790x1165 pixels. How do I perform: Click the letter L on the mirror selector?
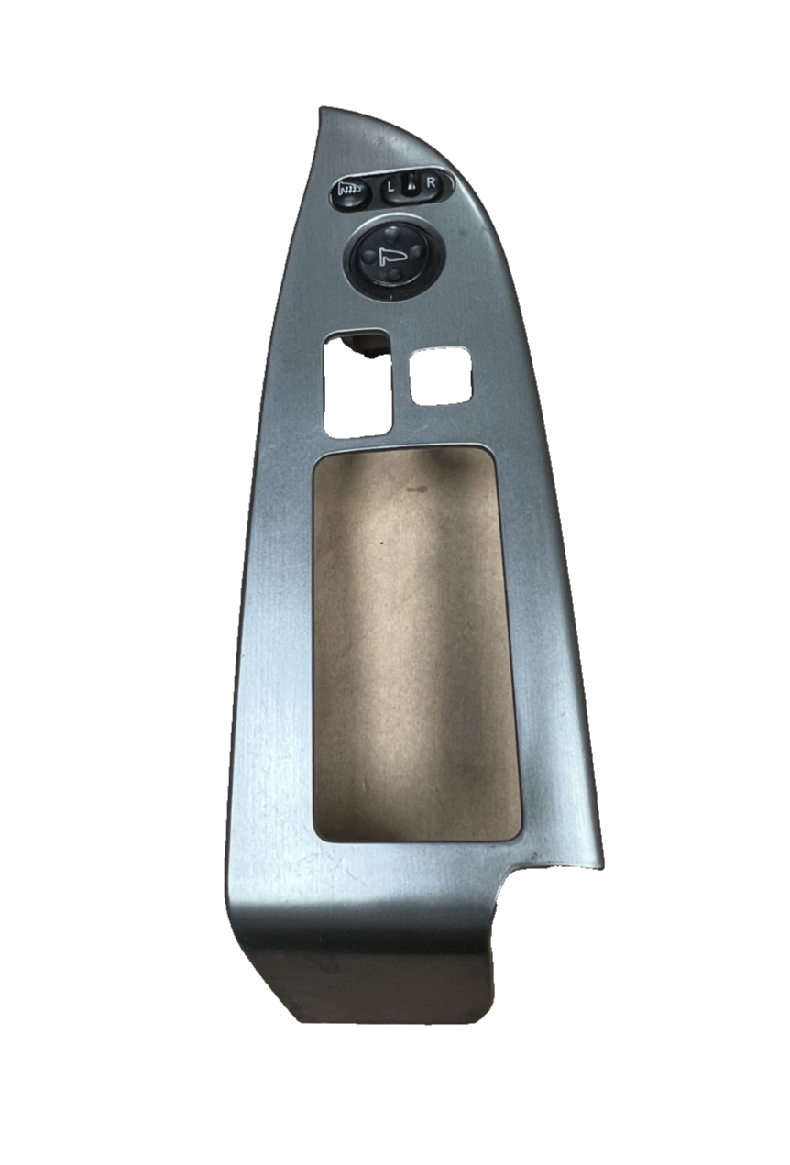[390, 186]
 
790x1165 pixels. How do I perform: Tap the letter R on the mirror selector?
[431, 182]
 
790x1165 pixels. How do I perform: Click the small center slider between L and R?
[411, 184]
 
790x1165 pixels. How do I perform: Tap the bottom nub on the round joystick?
[394, 273]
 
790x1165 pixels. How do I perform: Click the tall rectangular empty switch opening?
[357, 383]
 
